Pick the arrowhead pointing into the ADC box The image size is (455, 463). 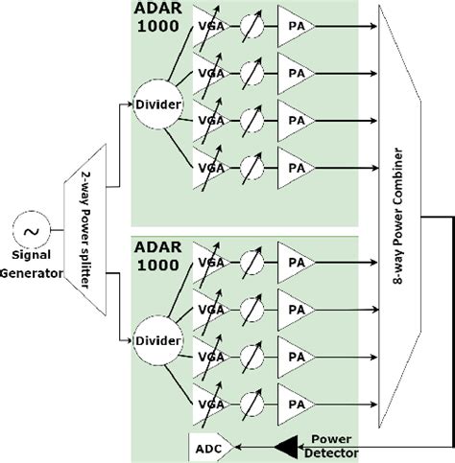point(240,447)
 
